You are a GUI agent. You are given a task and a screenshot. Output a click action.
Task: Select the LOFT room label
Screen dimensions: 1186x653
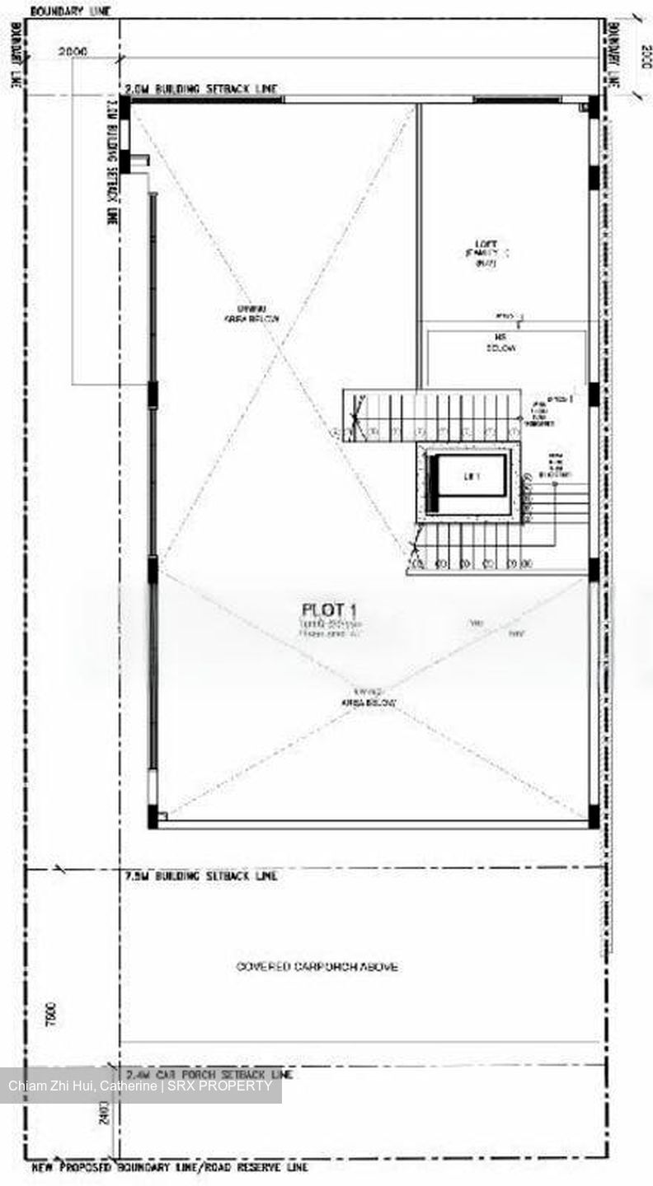point(485,244)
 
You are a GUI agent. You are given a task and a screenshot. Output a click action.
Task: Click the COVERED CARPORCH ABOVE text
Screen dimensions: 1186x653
point(317,966)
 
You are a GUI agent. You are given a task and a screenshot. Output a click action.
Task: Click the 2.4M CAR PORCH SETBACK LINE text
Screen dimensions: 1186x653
point(209,1075)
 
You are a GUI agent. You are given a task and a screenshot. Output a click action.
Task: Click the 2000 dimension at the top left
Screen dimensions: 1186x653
point(73,51)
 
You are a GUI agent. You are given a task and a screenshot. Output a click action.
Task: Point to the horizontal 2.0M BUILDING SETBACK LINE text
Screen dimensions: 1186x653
point(201,88)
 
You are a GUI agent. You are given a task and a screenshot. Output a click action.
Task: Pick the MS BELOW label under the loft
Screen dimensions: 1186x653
point(500,343)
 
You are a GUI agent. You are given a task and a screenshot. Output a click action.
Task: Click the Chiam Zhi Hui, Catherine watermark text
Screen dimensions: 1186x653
point(140,1086)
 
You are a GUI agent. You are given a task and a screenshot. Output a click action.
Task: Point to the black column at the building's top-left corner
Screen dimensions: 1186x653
point(124,107)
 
